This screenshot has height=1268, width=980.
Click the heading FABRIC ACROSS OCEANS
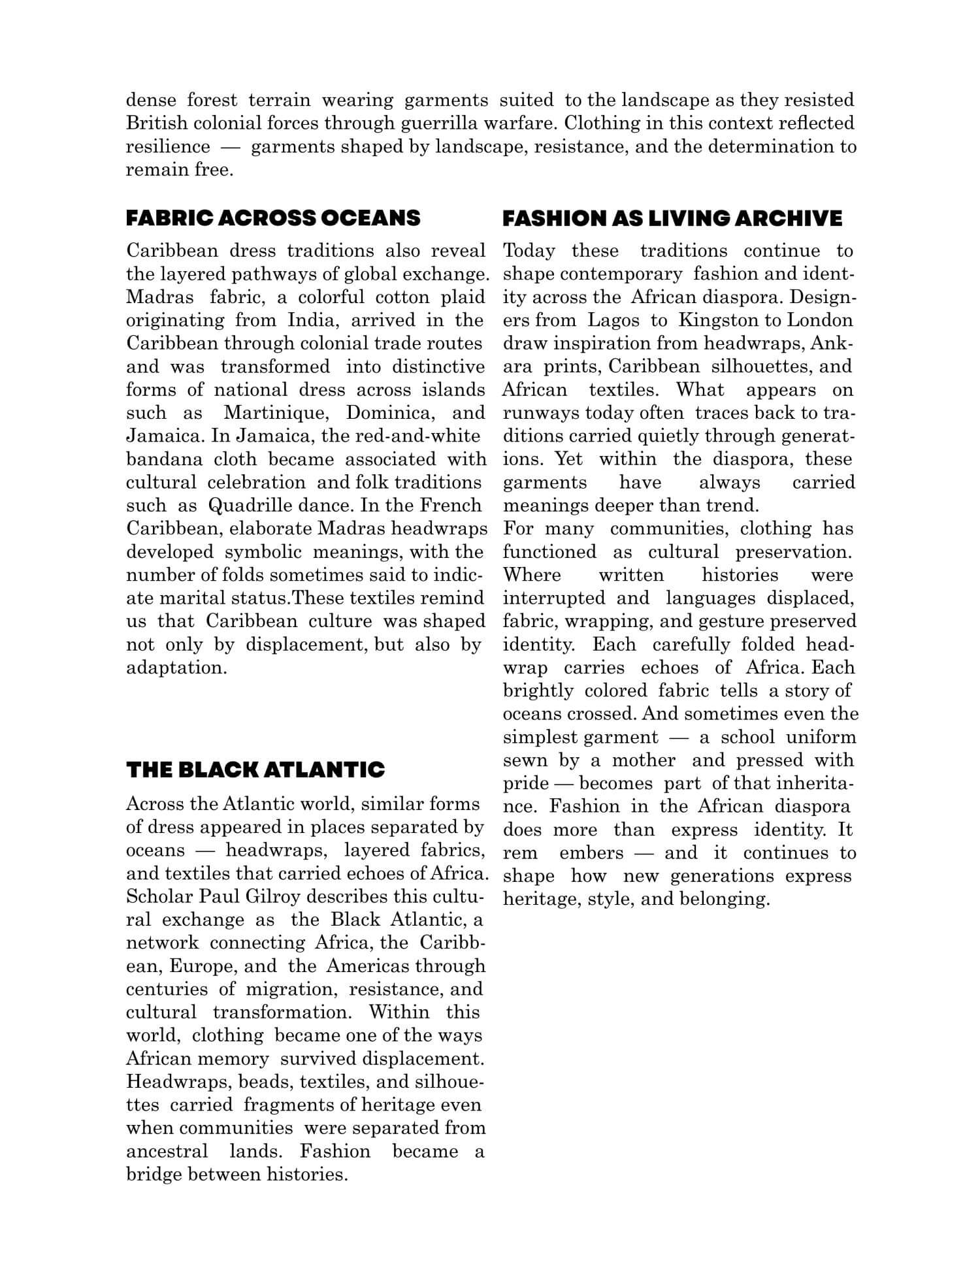[x=273, y=218]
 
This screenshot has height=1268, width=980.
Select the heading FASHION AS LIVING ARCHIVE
[x=672, y=218]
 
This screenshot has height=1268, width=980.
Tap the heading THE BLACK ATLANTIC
[x=255, y=770]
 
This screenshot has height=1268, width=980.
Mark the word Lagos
[x=613, y=321]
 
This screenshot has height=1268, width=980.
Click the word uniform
[x=821, y=738]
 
